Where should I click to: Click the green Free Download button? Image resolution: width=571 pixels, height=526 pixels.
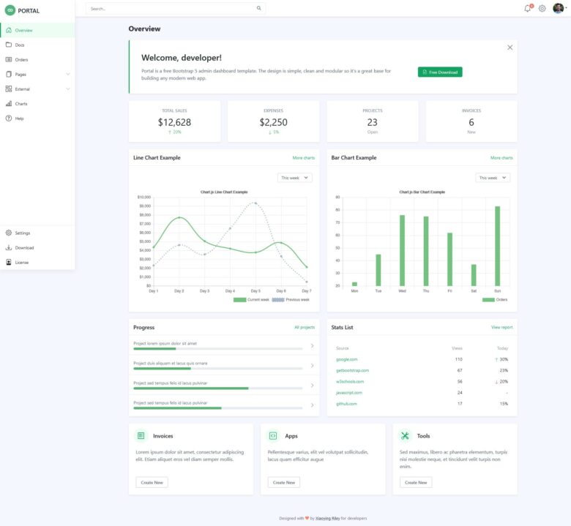(440, 72)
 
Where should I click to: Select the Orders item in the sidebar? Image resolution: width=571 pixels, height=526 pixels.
(21, 59)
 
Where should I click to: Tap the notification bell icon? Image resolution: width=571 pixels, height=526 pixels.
(527, 9)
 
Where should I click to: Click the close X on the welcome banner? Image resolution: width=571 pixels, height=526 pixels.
(510, 48)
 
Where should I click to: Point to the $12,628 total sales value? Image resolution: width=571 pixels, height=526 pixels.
(174, 122)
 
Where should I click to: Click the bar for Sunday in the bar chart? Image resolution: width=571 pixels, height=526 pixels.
(497, 246)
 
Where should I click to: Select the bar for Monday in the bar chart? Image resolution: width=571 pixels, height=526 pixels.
(354, 283)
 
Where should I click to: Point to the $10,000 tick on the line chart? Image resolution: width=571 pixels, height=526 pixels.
(143, 197)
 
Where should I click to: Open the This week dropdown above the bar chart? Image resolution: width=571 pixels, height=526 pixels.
(493, 178)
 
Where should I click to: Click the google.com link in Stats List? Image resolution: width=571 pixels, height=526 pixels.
(347, 359)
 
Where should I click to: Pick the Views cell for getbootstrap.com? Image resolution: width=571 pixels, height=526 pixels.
(459, 370)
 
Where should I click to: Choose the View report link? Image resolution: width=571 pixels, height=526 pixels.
(501, 327)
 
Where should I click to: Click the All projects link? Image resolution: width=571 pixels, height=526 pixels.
(305, 327)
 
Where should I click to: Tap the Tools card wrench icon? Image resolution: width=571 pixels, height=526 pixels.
(405, 435)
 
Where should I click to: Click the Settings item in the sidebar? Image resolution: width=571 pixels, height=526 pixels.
(22, 233)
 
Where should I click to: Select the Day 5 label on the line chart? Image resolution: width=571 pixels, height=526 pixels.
(255, 291)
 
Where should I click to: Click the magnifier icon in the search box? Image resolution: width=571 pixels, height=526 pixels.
(258, 9)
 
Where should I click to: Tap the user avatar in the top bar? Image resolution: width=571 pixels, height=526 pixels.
(558, 8)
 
